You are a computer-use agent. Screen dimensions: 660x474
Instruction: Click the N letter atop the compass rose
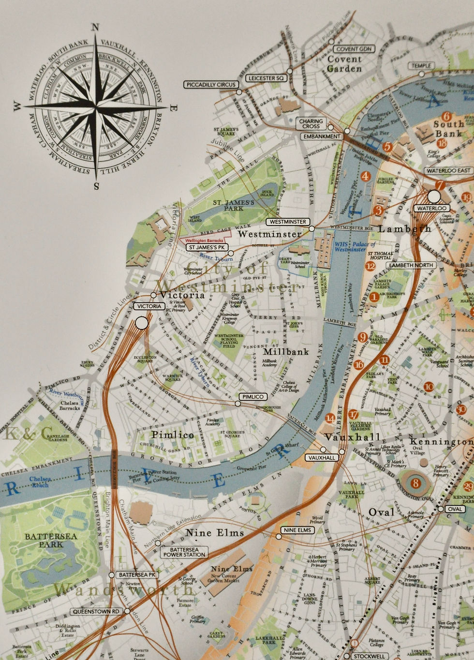coord(96,28)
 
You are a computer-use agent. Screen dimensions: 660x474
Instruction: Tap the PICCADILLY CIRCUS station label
coord(211,85)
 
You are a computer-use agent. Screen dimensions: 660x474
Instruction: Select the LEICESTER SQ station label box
coord(266,78)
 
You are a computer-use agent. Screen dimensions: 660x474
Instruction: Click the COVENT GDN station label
coord(354,49)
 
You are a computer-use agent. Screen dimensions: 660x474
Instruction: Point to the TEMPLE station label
coord(421,66)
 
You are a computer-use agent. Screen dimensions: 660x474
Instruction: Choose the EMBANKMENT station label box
coord(322,136)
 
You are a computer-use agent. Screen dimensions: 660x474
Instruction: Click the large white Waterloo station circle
coord(434,196)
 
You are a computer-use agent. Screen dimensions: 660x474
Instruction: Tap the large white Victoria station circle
coord(141,323)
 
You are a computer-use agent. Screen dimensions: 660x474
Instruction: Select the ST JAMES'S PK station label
coord(207,247)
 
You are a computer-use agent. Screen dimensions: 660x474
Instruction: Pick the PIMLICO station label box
coord(253,396)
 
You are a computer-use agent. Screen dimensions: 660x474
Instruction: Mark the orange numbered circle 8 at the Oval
coord(415,483)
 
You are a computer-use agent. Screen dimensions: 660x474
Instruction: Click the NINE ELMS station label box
coord(297,530)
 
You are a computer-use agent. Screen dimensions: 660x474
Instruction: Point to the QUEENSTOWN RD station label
coord(96,612)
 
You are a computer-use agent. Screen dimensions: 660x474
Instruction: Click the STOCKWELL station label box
coord(370,657)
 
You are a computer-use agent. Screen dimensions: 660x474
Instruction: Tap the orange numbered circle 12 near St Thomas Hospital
coord(370,266)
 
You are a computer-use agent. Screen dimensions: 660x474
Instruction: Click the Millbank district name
coord(286,351)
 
